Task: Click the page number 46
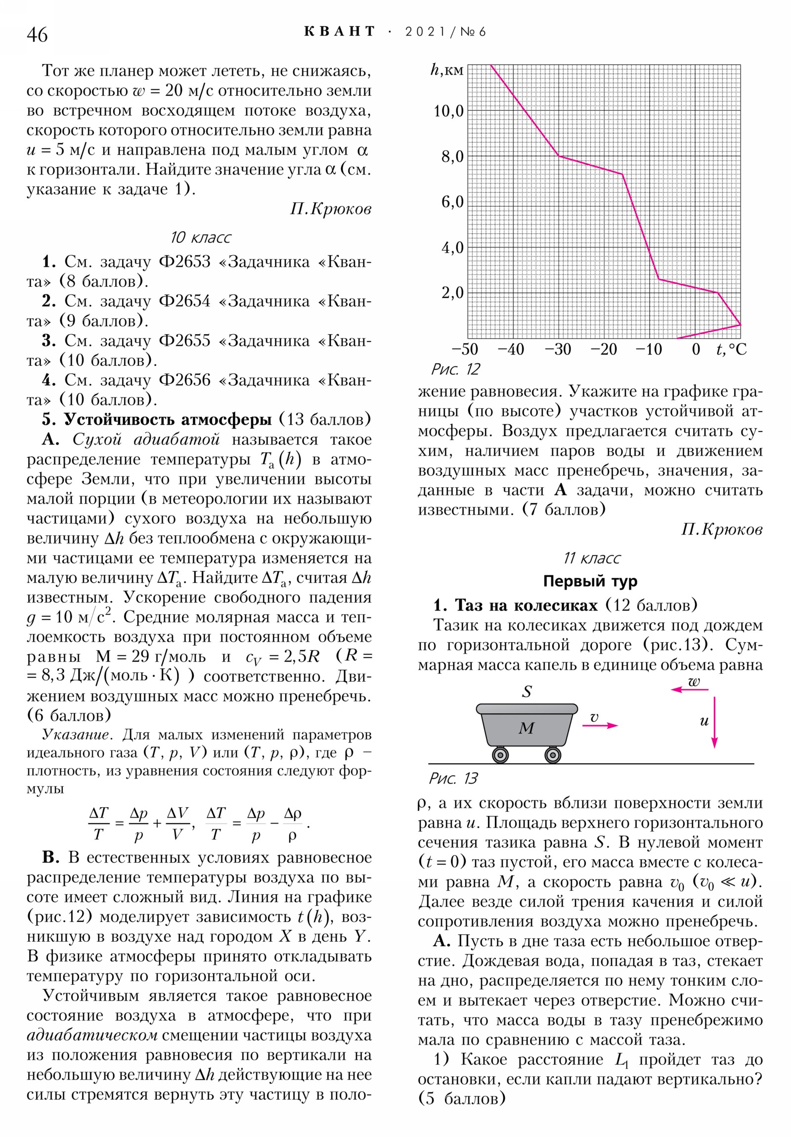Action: pos(37,35)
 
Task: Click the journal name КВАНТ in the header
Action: pos(339,32)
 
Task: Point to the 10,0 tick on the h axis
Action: pos(449,111)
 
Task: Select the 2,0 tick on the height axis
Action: pos(452,293)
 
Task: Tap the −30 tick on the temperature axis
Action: pos(558,350)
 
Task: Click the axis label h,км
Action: pos(446,70)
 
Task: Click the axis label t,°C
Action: pos(731,350)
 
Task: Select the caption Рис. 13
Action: pos(453,779)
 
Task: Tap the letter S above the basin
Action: pos(527,691)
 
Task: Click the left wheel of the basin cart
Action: pos(500,755)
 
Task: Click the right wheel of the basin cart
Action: pos(553,755)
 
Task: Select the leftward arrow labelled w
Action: pos(690,689)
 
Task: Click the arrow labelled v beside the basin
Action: pos(600,726)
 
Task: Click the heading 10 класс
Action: pos(200,238)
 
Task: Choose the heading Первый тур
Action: pos(590,581)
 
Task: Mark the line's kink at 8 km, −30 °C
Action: pos(559,156)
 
